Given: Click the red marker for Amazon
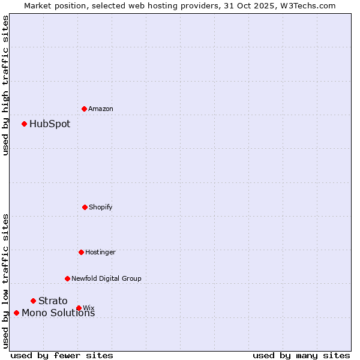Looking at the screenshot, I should click(84, 109).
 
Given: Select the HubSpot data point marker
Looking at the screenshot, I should click(24, 124).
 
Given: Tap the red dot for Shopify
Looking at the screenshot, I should click(85, 207).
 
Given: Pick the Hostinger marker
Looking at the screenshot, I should click(81, 252).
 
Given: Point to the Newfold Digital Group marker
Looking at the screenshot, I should click(67, 278).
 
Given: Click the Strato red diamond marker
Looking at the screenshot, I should click(33, 301).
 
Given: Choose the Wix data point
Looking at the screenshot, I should click(79, 308).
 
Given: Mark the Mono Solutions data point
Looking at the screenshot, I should click(16, 313).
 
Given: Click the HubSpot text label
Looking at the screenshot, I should click(50, 124).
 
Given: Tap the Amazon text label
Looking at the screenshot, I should click(101, 109).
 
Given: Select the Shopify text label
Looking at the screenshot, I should click(101, 207).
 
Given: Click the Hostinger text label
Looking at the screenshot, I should click(100, 252).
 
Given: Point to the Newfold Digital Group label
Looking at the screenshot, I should click(106, 278).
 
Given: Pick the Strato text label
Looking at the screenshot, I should click(53, 301).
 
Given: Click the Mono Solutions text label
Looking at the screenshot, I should click(58, 313).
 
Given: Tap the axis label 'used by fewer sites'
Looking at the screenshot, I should click(62, 355).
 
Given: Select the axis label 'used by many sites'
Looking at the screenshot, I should click(301, 355).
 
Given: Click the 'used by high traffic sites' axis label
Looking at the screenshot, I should click(5, 85).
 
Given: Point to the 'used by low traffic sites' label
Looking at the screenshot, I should click(5, 280).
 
